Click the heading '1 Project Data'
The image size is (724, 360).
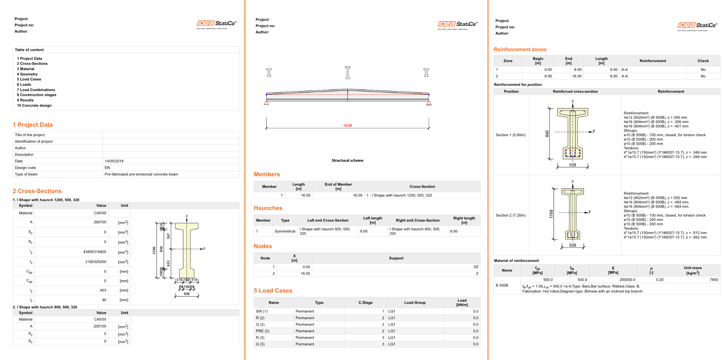coord(33,125)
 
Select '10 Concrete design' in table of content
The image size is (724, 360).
coord(34,106)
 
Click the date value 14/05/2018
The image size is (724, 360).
coord(114,161)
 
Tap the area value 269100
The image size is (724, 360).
coord(100,222)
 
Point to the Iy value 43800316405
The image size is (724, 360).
coord(95,252)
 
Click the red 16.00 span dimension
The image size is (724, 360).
coord(348,126)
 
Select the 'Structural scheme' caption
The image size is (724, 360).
coord(348,160)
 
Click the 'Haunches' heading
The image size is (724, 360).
coord(268,208)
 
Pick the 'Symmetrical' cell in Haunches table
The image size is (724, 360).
coord(285,231)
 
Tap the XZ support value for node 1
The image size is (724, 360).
coord(476,267)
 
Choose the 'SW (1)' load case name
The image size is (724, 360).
coord(262,312)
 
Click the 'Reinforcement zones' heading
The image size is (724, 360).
coord(520,50)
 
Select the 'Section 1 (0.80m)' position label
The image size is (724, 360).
coord(511,135)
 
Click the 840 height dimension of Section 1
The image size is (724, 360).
coord(547,133)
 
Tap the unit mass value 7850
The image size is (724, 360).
coord(714,280)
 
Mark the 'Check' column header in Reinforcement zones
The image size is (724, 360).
coord(703,61)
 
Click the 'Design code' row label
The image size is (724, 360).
coord(25,168)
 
